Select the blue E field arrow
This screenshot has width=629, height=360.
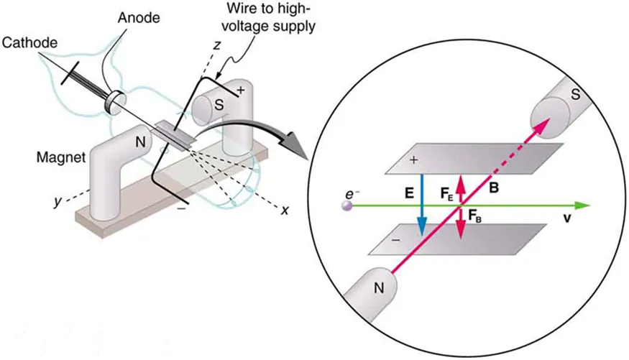[422, 205]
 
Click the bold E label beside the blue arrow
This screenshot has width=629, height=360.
[408, 193]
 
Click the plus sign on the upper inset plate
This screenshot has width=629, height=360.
[414, 161]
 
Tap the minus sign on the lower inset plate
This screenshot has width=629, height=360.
[394, 241]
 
